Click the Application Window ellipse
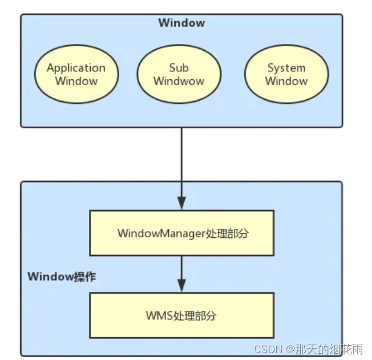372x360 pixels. click(x=76, y=74)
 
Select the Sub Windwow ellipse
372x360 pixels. click(x=179, y=74)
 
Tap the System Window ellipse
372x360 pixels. click(x=286, y=74)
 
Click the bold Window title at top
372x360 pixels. click(x=181, y=23)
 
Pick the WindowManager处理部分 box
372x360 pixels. click(x=181, y=233)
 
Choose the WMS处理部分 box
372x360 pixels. click(x=181, y=315)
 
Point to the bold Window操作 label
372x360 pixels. click(x=62, y=277)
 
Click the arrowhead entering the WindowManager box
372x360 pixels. click(x=181, y=204)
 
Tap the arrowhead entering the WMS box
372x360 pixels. click(x=181, y=285)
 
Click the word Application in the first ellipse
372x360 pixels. click(x=76, y=68)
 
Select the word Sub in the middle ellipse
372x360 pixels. click(x=179, y=68)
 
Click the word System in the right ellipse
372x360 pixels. click(x=286, y=68)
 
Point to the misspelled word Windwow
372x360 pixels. click(x=179, y=81)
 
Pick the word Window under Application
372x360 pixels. click(x=76, y=81)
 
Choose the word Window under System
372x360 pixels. click(x=286, y=81)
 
